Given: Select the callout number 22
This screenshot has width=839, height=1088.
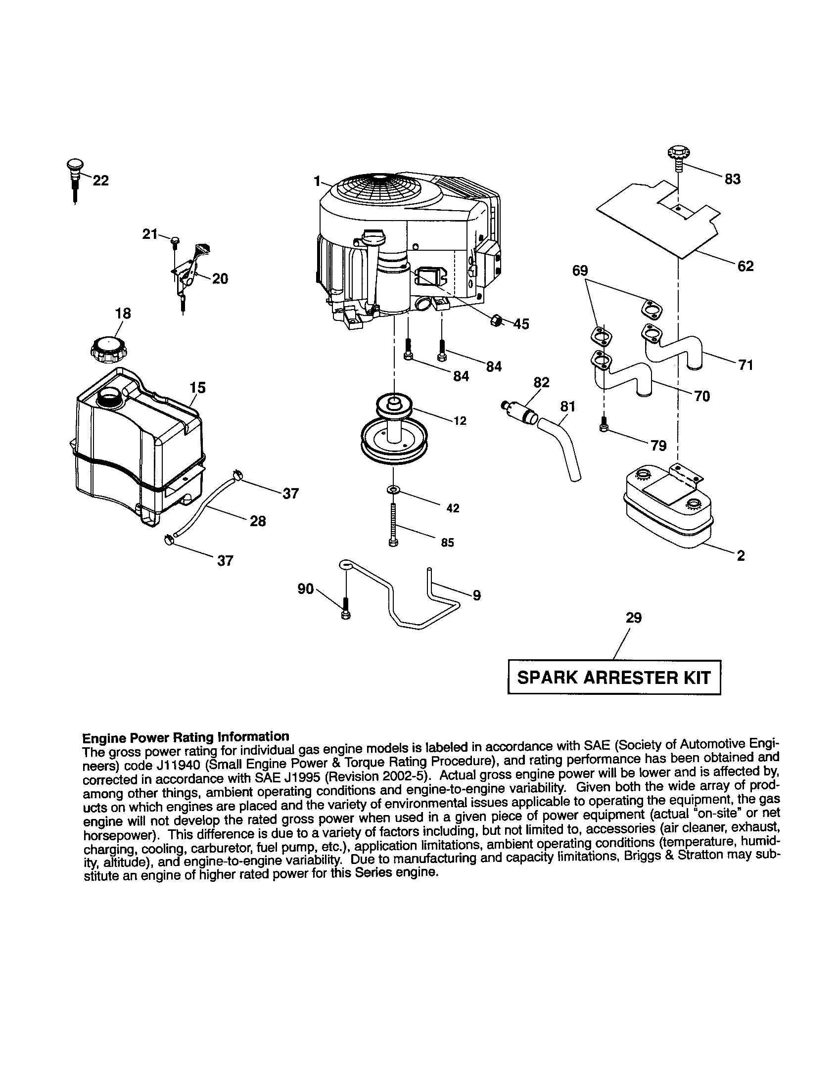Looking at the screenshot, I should point(100,181).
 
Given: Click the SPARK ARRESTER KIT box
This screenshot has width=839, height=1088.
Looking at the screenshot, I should point(614,678).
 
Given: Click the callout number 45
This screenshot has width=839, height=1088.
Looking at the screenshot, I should point(521,324).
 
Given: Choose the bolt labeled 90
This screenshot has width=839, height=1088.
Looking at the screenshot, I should point(345,610).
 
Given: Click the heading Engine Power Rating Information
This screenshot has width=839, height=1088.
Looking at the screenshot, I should point(186,736).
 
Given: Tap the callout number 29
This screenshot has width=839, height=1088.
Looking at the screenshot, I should point(634,618).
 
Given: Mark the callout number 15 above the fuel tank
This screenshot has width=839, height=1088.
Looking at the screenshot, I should point(198,387).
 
